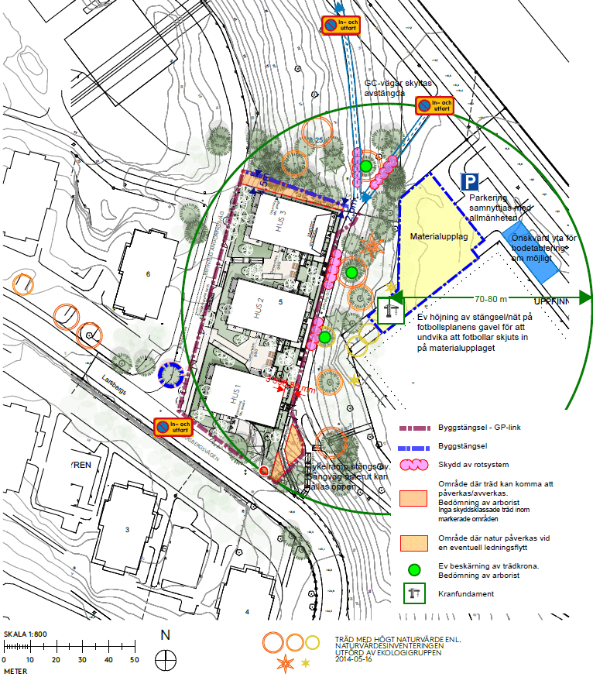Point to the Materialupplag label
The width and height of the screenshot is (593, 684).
434,236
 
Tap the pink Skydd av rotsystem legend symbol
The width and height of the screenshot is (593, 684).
420,465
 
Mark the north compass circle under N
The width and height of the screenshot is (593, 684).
165,660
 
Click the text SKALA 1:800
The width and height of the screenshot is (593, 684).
26,634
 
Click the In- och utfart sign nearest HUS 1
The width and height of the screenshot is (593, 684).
173,427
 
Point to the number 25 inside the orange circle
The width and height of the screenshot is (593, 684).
318,139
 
